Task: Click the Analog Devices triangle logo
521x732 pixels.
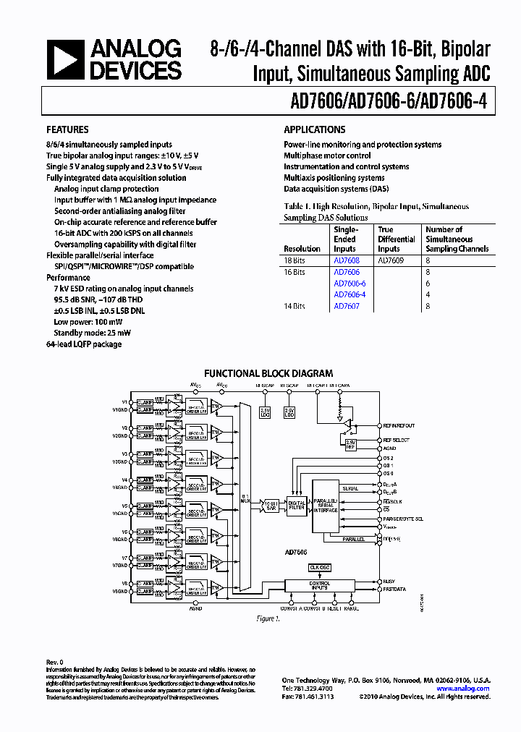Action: pyautogui.click(x=64, y=59)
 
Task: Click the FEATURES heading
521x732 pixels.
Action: pyautogui.click(x=67, y=129)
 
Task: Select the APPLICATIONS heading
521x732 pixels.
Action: pyautogui.click(x=314, y=129)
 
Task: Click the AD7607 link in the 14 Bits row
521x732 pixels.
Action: pyautogui.click(x=346, y=306)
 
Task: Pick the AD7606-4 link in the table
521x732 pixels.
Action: pyautogui.click(x=350, y=294)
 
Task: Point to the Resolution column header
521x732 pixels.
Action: pyautogui.click(x=302, y=249)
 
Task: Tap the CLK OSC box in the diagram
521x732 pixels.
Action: pyautogui.click(x=319, y=567)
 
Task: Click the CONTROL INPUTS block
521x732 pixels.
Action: pyautogui.click(x=319, y=586)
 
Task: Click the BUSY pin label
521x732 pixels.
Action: pyautogui.click(x=389, y=581)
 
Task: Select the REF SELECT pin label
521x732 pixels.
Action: pyautogui.click(x=396, y=440)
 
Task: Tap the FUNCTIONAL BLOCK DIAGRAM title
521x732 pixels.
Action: pyautogui.click(x=268, y=373)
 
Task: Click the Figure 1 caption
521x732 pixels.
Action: pyautogui.click(x=267, y=618)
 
